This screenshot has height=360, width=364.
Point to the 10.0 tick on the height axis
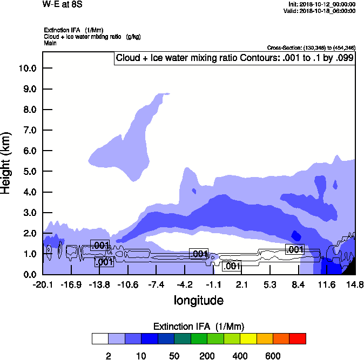[x=27, y=68]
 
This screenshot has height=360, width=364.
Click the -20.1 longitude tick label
[x=43, y=284]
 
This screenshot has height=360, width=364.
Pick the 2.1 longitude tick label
[x=241, y=284]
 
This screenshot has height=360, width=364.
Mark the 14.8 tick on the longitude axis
[x=355, y=284]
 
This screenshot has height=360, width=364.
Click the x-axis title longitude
[x=198, y=300]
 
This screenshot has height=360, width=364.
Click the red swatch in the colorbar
[x=298, y=338]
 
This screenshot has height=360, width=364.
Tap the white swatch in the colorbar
[x=100, y=338]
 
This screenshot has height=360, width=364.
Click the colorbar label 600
[x=273, y=356]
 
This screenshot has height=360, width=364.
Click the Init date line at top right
[x=322, y=4]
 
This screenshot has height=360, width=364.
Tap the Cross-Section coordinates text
[x=311, y=48]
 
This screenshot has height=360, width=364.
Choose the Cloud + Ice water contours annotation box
[x=234, y=58]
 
